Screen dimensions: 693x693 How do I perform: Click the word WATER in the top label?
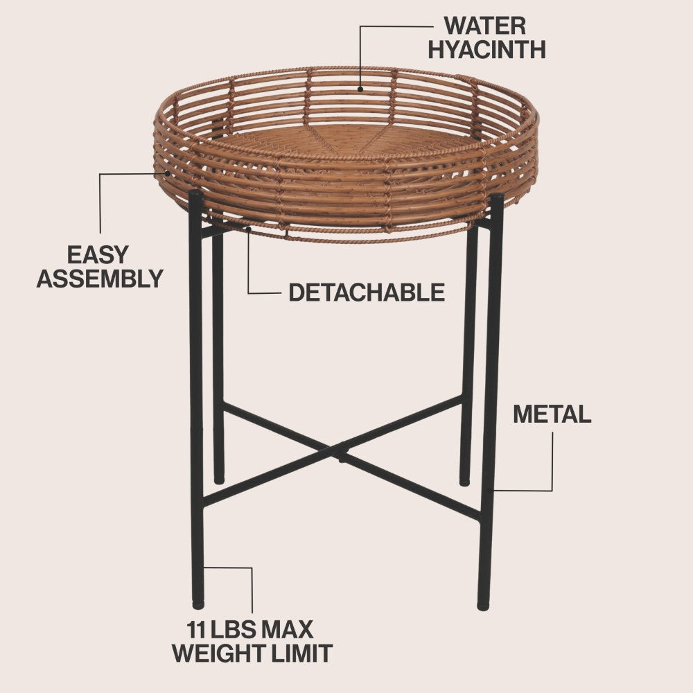[x=485, y=26]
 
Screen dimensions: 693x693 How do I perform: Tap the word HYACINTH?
[x=486, y=49]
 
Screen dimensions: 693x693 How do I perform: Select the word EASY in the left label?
[x=98, y=255]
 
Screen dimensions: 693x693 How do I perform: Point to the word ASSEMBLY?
[x=100, y=279]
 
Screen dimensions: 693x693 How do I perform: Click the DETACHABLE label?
[x=367, y=292]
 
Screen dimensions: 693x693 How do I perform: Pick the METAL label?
[x=552, y=414]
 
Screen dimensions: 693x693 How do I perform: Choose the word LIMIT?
[x=302, y=653]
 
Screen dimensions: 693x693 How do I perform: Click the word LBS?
[x=232, y=630]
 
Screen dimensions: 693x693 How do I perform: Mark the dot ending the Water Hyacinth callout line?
[x=360, y=89]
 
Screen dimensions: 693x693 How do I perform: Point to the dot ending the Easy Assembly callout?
[x=168, y=173]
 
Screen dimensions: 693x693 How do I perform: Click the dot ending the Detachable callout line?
[x=249, y=229]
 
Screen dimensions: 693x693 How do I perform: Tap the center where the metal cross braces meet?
[x=340, y=452]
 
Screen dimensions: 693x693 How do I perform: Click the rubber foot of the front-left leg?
[x=198, y=604]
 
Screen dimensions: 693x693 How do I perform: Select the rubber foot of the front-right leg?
[x=483, y=606]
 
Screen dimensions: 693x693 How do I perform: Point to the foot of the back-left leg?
[x=219, y=480]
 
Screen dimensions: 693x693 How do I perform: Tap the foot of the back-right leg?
[x=464, y=482]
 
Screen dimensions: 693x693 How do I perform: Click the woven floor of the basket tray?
[x=344, y=141]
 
